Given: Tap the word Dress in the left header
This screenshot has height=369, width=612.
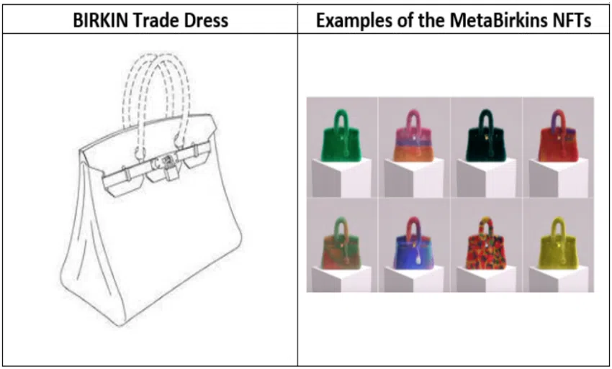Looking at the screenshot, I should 205,19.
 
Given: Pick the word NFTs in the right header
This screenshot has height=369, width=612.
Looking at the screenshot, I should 569,19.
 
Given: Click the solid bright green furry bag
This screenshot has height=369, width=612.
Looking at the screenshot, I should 341,137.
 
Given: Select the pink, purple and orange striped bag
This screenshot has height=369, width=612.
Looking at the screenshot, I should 413,138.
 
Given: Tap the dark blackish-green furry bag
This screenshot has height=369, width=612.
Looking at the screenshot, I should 485,138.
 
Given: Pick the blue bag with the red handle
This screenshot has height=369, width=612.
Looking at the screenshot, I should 413,246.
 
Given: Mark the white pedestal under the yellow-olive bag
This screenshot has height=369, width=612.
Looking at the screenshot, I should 558,279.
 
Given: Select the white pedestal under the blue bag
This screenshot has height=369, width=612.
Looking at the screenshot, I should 413,279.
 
